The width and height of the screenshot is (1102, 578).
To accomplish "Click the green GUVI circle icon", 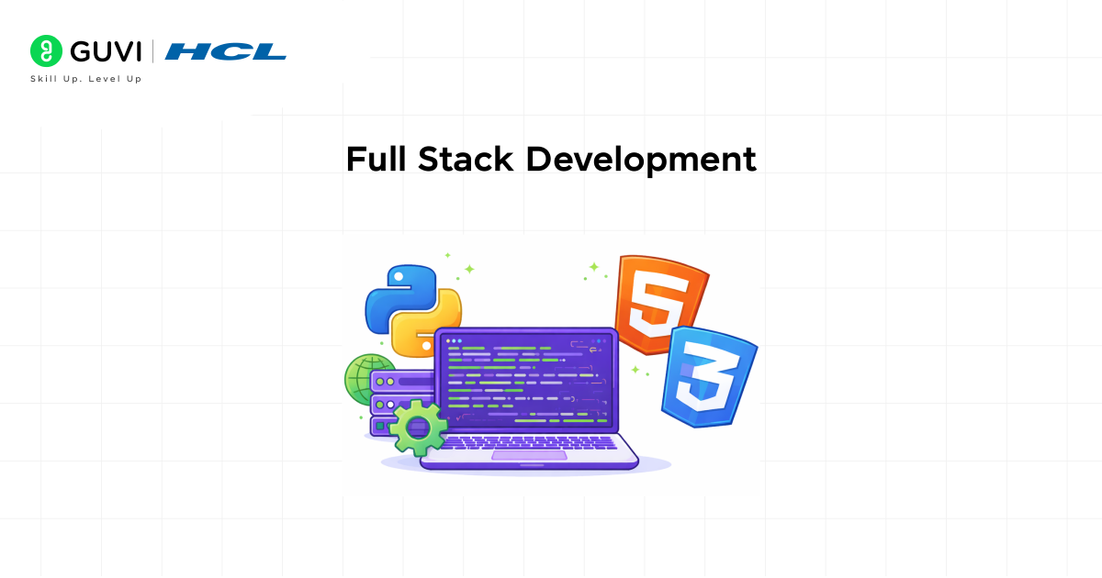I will point(46,51).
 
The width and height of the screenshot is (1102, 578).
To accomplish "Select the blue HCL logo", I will point(226,51).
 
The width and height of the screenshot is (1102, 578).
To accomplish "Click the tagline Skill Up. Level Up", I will point(86,79).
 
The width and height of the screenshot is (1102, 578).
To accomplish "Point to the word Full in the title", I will point(377,160).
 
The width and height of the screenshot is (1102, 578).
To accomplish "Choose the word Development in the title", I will point(641,160).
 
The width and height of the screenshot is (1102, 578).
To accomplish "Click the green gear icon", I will point(418,428).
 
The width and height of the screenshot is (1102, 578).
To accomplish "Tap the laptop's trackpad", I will point(528,455).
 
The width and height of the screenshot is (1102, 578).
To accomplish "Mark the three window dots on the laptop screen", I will point(455,340).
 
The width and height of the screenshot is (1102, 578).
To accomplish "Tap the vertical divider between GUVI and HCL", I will point(152,51).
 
